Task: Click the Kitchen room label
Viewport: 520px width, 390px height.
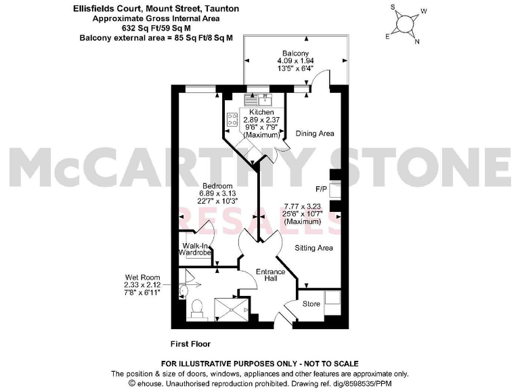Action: [x=261, y=112]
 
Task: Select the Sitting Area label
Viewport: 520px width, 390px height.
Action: [x=313, y=248]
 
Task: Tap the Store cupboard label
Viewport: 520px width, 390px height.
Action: [x=311, y=304]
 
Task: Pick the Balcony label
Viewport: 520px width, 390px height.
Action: [x=297, y=53]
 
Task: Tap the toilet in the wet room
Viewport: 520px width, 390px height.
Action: [x=197, y=308]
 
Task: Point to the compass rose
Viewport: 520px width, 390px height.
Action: [x=404, y=24]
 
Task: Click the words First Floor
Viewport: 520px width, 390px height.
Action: [x=192, y=343]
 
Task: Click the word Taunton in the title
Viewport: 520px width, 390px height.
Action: [x=220, y=9]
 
